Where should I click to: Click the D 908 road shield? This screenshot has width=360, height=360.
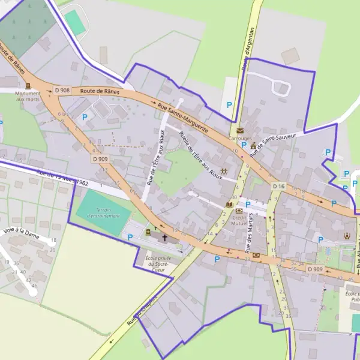pyautogui.click(x=62, y=91)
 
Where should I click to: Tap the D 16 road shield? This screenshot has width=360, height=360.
pyautogui.click(x=278, y=187)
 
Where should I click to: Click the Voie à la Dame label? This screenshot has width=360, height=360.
pyautogui.click(x=22, y=232)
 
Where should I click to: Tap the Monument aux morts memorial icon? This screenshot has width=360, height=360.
pyautogui.click(x=28, y=85)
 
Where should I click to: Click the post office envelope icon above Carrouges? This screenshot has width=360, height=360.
pyautogui.click(x=240, y=131)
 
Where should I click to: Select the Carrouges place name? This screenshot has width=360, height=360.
pyautogui.click(x=240, y=138)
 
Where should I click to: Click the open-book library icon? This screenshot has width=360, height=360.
pyautogui.click(x=229, y=205)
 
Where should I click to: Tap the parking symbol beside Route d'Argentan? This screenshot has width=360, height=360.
pyautogui.click(x=229, y=104)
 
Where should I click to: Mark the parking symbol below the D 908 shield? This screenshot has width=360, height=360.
pyautogui.click(x=85, y=117)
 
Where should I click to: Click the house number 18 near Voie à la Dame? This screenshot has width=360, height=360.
pyautogui.click(x=53, y=241)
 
